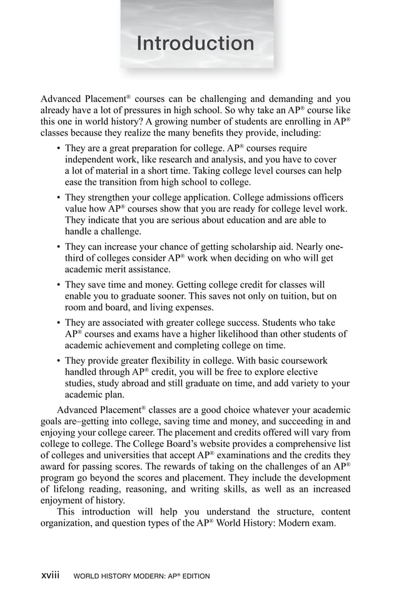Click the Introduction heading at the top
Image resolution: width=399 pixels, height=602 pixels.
click(x=195, y=44)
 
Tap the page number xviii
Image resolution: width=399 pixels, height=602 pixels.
click(x=50, y=575)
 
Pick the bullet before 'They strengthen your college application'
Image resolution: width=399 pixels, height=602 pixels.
click(x=58, y=198)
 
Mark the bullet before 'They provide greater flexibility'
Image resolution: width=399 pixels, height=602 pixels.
click(x=58, y=361)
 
